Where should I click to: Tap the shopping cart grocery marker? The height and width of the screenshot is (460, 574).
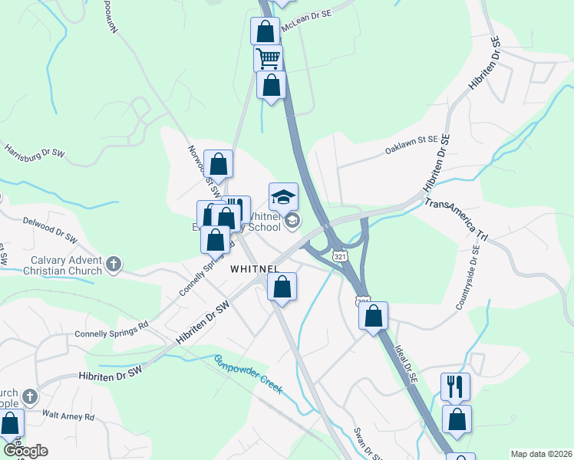[x=268, y=58]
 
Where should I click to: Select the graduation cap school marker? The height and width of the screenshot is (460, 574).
[x=283, y=196]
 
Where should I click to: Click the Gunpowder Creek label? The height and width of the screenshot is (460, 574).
[x=248, y=373]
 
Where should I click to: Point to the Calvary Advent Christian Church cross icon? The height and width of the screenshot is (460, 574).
[x=114, y=264]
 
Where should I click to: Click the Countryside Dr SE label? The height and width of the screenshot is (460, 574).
[x=469, y=278]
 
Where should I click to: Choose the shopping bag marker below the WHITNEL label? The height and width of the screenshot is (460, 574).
[x=282, y=287]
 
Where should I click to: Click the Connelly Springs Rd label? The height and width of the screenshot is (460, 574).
[x=111, y=334]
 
